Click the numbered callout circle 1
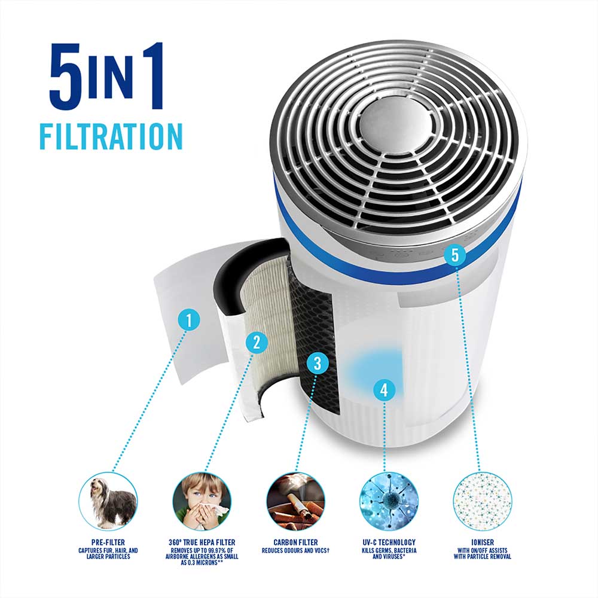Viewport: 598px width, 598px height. tap(189, 319)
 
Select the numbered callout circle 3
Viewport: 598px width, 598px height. tap(318, 363)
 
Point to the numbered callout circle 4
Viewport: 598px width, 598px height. tap(384, 390)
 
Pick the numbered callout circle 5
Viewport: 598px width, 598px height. tap(455, 255)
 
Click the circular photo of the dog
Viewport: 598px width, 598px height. tap(108, 501)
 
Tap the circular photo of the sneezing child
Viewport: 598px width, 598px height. tap(202, 501)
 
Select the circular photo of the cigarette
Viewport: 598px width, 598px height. tap(295, 501)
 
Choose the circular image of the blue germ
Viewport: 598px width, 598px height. tap(389, 501)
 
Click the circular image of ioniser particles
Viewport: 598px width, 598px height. tap(483, 501)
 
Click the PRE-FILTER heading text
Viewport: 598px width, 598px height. tap(108, 542)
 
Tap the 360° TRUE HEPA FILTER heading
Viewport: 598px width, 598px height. tap(202, 542)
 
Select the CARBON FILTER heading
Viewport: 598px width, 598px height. tap(295, 542)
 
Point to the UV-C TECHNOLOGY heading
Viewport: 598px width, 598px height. tap(389, 542)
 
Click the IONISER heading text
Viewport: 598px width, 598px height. tap(483, 542)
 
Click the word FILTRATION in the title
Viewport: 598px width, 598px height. tap(111, 136)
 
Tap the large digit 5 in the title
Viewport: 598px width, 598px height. tap(65, 76)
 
